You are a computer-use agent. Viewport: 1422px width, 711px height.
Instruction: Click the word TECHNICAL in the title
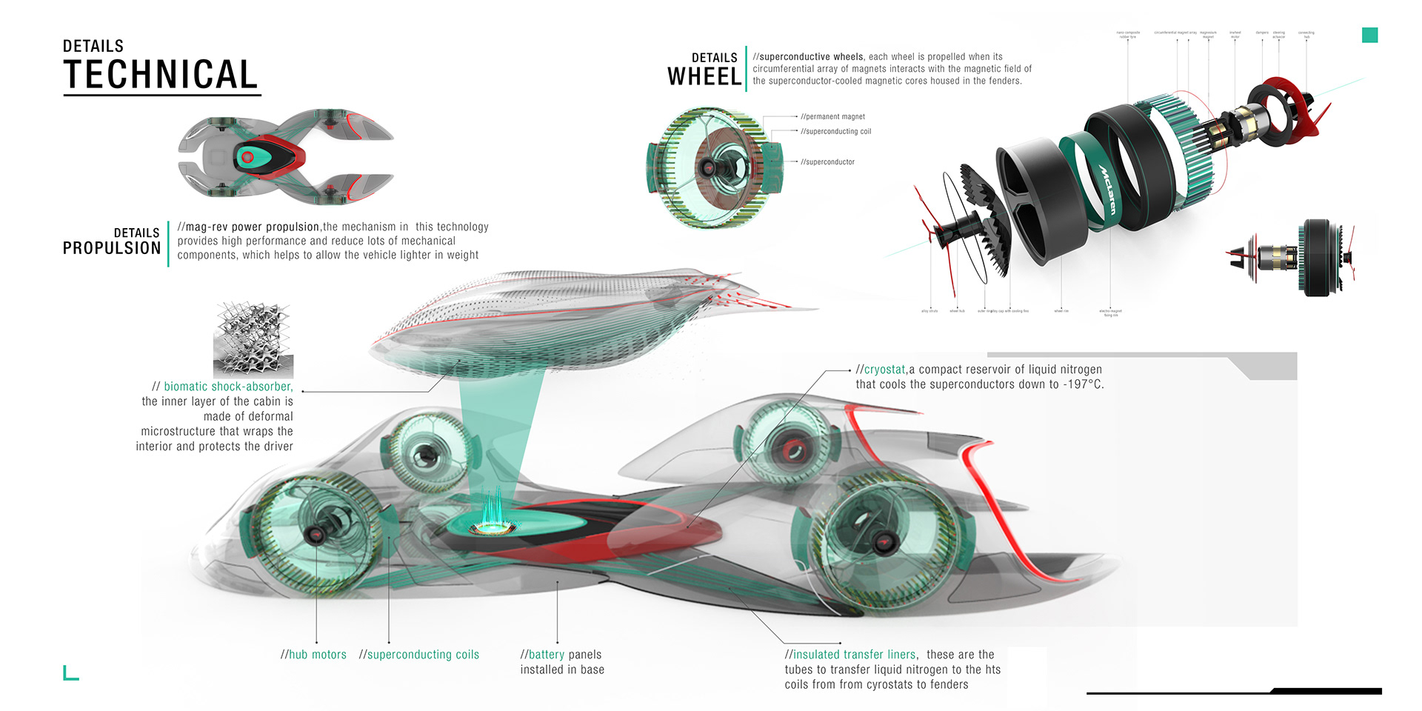coord(161,75)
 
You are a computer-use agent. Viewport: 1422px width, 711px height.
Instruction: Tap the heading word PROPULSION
coord(112,248)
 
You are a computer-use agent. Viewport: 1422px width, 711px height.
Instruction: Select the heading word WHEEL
coord(704,77)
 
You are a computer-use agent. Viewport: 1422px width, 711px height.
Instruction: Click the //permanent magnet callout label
coord(832,117)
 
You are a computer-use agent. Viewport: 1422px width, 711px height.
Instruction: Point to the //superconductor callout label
coord(827,162)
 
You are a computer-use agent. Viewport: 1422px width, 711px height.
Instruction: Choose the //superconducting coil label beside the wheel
coord(835,132)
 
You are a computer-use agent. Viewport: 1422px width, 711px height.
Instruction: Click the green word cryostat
coord(884,370)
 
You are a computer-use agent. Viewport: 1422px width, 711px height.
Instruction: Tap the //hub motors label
coord(313,655)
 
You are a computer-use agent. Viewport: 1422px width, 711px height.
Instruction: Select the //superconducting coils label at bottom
coord(419,655)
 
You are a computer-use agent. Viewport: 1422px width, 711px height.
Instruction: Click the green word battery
coord(546,655)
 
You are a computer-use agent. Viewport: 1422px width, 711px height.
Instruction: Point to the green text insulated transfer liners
coord(854,655)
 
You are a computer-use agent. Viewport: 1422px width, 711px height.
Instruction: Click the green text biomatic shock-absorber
coord(228,387)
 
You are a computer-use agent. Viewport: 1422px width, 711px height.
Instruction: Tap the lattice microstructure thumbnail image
coord(253,340)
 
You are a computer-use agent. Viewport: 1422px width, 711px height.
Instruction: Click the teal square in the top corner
coord(1369,35)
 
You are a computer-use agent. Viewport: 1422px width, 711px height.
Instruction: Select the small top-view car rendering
coord(285,157)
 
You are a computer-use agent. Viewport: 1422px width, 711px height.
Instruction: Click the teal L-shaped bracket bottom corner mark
coord(70,673)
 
